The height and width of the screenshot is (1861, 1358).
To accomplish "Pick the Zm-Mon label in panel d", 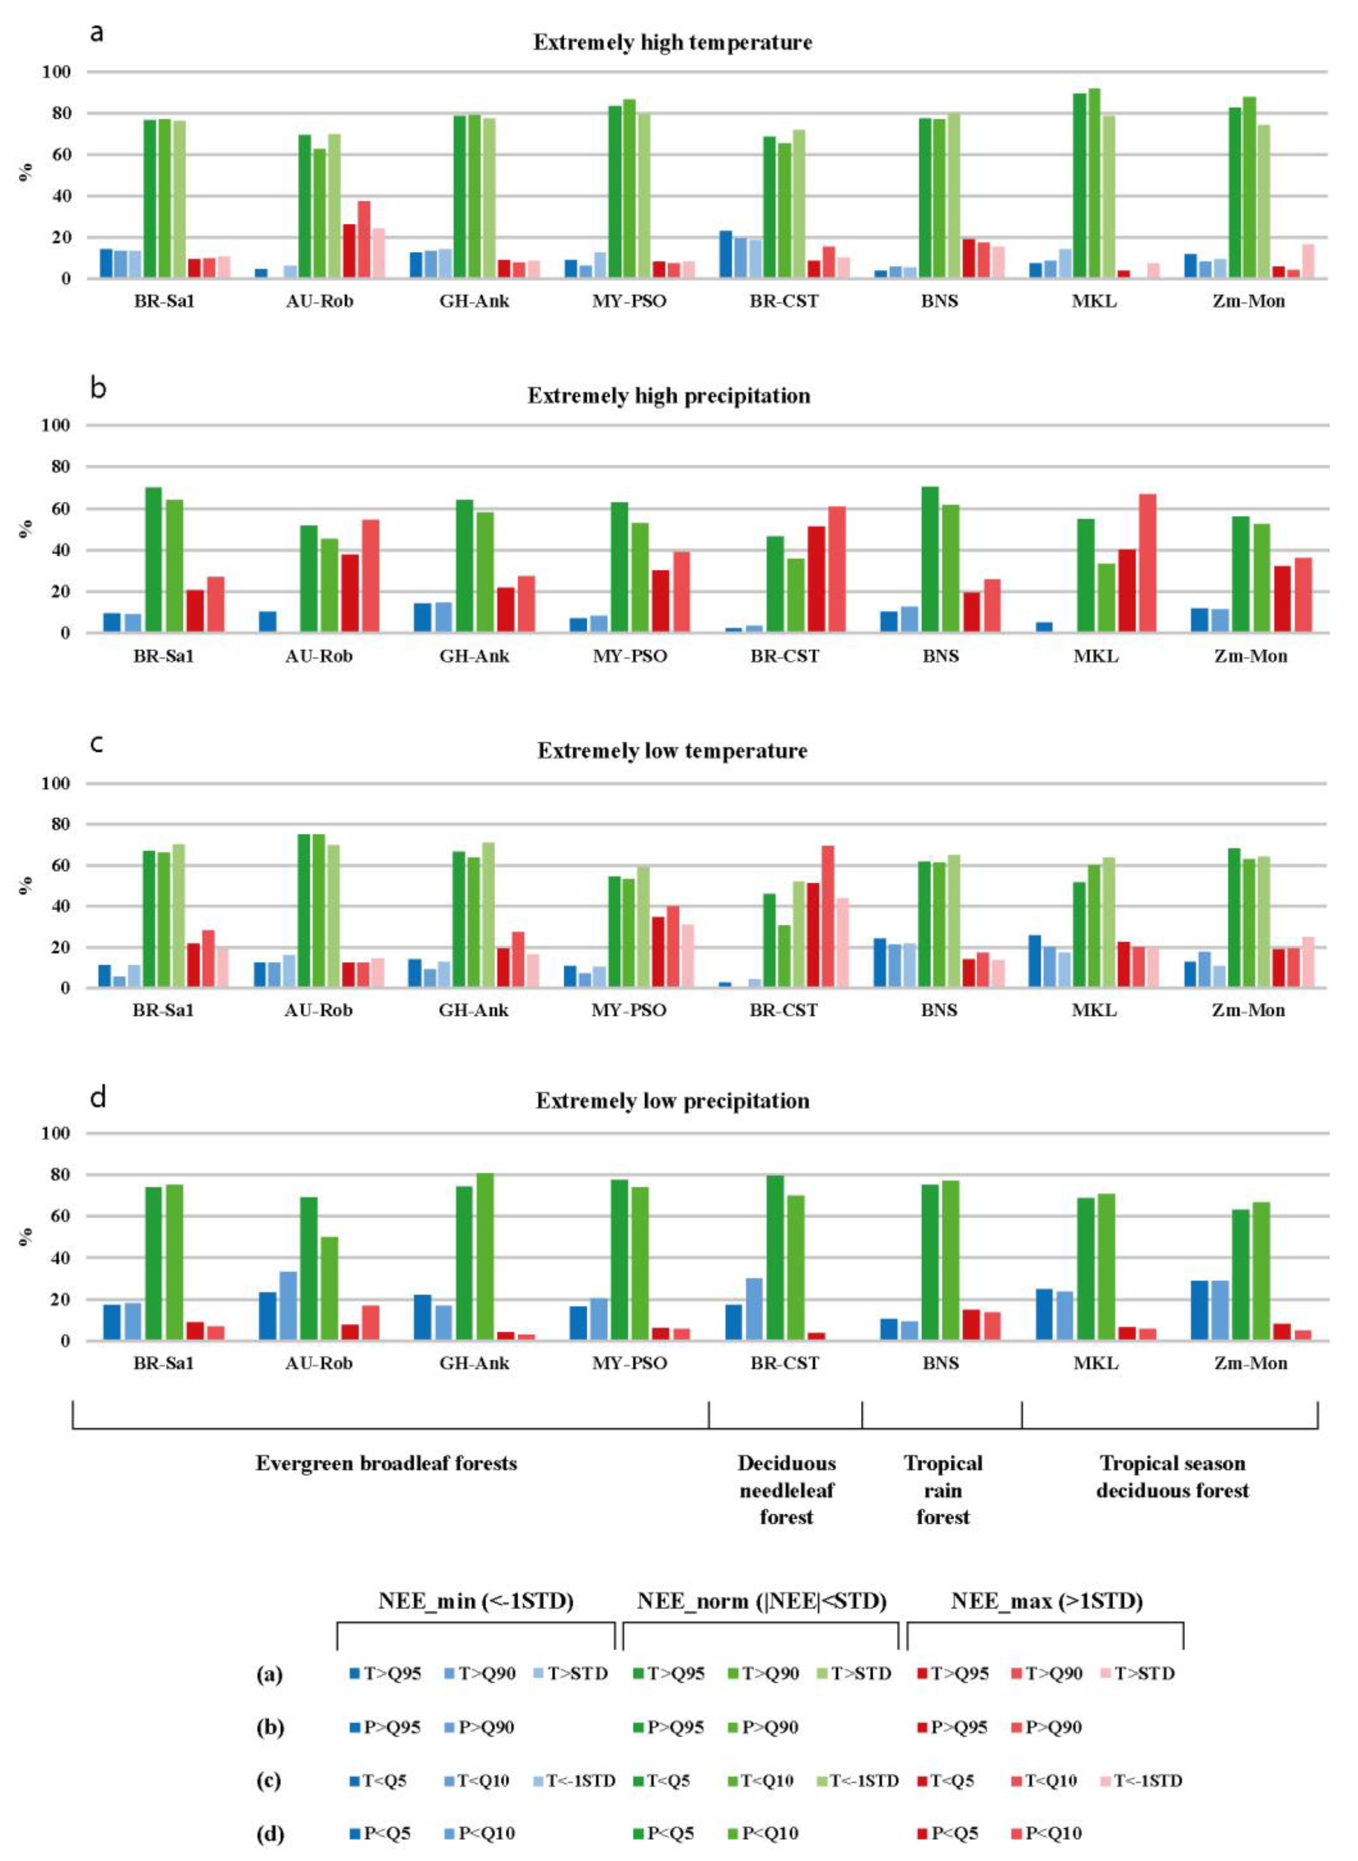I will pos(1250,1363).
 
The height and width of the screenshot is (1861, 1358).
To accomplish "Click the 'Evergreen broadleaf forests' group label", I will pos(386,1463).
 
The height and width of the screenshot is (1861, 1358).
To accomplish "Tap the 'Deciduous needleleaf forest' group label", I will pos(786,1490).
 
